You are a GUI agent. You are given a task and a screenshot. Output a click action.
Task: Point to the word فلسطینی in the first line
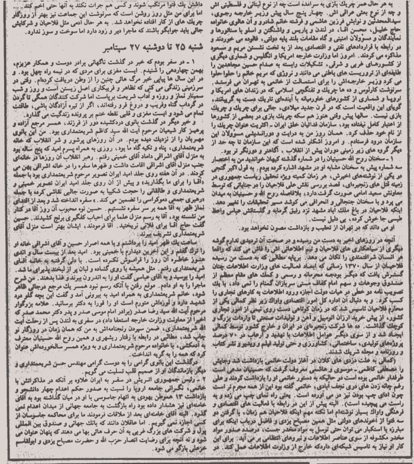point(231,5)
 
